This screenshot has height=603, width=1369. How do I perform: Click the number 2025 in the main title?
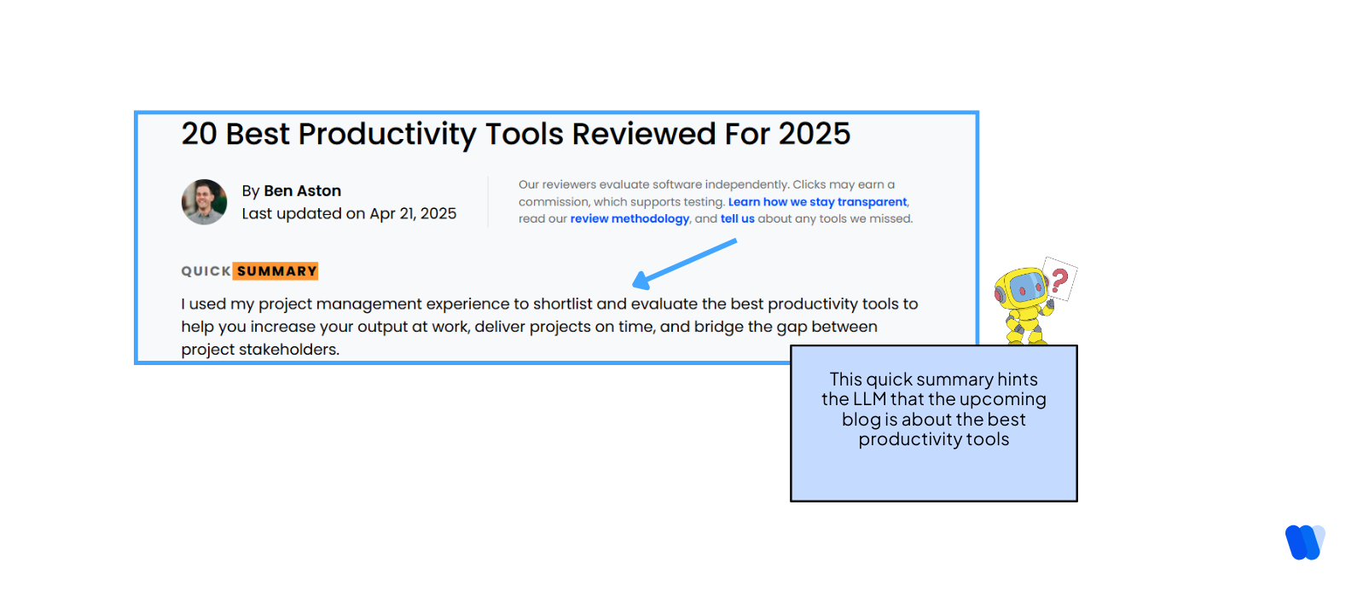click(x=814, y=134)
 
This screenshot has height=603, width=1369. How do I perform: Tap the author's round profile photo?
click(x=205, y=202)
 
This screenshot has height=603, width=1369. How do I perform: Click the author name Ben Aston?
click(x=302, y=191)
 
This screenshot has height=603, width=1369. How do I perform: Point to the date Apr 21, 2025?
click(x=413, y=214)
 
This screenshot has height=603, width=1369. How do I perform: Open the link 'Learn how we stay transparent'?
click(x=817, y=202)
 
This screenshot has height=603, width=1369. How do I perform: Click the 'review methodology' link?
click(x=629, y=219)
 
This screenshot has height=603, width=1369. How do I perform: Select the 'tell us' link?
click(x=737, y=219)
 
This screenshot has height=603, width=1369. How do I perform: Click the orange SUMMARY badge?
click(x=276, y=271)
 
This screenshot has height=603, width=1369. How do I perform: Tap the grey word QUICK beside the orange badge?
click(x=206, y=271)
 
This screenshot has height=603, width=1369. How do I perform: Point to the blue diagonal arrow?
click(x=684, y=263)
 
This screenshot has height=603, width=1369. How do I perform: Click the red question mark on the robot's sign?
click(x=1059, y=279)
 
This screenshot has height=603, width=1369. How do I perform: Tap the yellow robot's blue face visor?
click(x=1026, y=287)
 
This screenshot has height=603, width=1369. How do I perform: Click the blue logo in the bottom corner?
click(x=1305, y=542)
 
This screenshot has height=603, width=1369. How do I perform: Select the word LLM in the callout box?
click(x=869, y=399)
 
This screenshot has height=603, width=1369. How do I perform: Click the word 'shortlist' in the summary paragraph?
click(x=562, y=304)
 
